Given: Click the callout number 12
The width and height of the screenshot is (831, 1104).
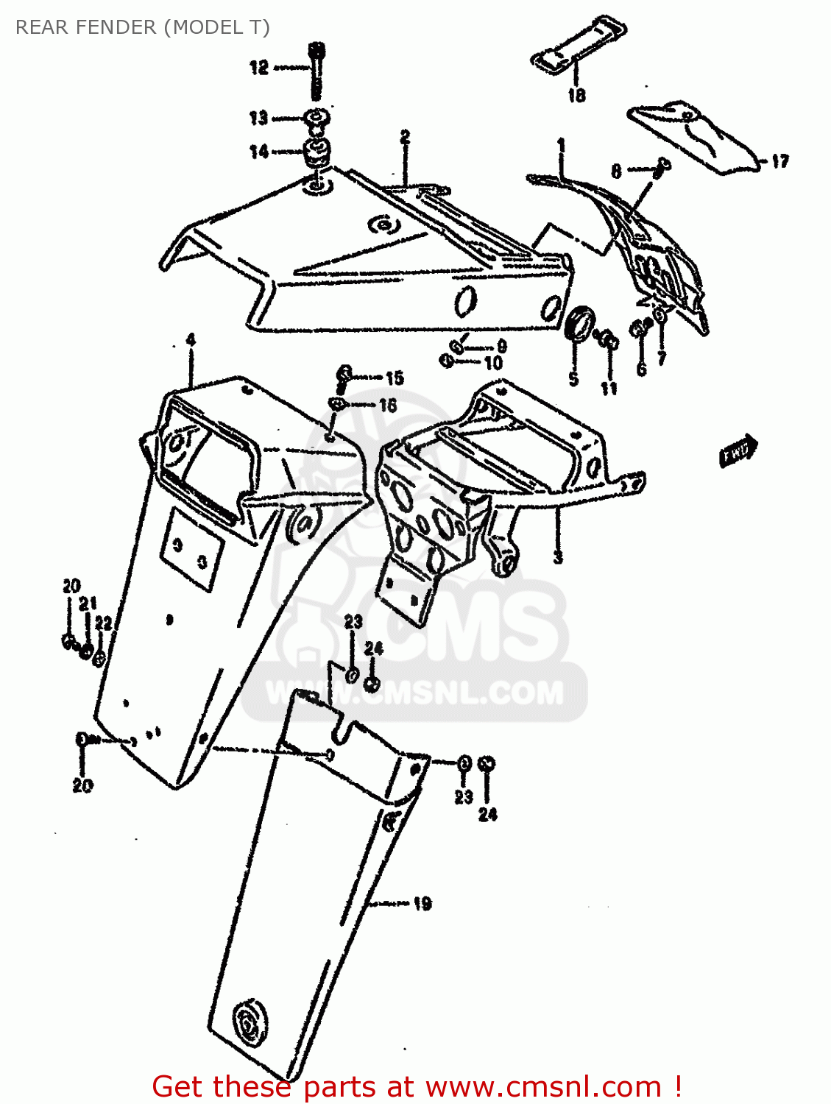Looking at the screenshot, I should tap(259, 68).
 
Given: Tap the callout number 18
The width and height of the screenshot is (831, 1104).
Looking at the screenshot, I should tap(576, 95).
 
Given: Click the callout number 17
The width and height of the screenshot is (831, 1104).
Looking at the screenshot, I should tap(779, 161).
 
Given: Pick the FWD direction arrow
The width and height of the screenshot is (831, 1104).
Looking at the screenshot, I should tap(738, 450).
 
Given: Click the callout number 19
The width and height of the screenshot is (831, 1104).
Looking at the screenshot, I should tap(422, 904).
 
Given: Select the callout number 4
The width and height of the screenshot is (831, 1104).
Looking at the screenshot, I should tap(191, 340).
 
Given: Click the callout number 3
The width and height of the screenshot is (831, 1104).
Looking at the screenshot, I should tap(558, 556).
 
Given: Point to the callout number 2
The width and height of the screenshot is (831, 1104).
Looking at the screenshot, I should tap(405, 137).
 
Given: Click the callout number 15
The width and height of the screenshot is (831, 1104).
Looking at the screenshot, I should tap(395, 378).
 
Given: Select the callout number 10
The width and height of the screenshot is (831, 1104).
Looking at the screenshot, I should tap(492, 362).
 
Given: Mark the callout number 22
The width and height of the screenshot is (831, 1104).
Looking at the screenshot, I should tap(103, 624).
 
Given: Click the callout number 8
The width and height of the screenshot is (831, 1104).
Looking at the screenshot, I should tap(616, 171).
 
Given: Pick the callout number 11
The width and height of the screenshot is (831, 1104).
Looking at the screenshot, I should tap(609, 388).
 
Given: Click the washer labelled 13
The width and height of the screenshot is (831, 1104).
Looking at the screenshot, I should tap(318, 118).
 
